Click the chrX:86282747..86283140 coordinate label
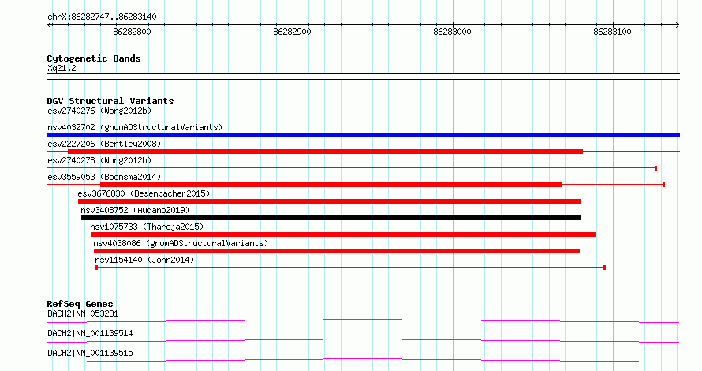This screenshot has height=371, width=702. [x=102, y=17]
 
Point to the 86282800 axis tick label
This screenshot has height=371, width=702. [x=132, y=32]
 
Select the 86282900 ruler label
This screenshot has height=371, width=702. [x=292, y=32]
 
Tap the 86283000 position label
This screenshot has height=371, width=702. [x=452, y=32]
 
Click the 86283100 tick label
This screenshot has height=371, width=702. [x=612, y=32]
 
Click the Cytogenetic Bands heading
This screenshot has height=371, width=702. [x=94, y=58]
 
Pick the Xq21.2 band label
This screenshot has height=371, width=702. [x=62, y=69]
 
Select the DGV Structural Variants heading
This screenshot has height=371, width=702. [x=110, y=101]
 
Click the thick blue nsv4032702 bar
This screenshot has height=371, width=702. [x=363, y=135]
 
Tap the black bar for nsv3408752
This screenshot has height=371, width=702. [x=331, y=218]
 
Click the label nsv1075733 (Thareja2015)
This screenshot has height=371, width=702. [x=147, y=227]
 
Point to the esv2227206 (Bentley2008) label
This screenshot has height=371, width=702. [x=104, y=144]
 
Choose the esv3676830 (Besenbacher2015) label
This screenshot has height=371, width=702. [x=144, y=194]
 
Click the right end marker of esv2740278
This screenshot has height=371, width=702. [x=656, y=168]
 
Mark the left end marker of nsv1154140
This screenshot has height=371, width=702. [x=97, y=268]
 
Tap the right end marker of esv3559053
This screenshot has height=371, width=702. [x=663, y=185]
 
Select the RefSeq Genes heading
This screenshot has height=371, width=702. [x=80, y=304]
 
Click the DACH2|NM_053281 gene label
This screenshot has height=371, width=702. [x=83, y=314]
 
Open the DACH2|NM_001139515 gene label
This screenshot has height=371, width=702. [x=90, y=354]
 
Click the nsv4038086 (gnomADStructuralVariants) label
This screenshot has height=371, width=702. [x=181, y=244]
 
